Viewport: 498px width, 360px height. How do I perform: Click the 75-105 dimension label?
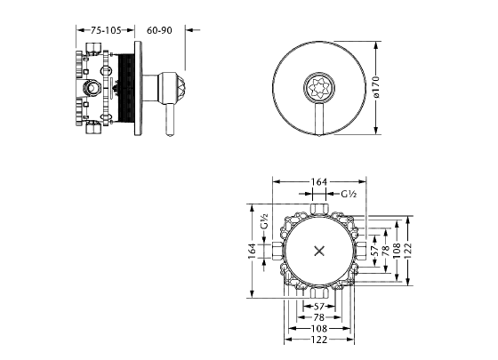coord(106,30)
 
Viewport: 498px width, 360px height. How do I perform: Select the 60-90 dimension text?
coord(159,30)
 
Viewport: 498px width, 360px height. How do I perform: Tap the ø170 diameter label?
coord(375,86)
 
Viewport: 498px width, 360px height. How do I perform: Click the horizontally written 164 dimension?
coord(318,182)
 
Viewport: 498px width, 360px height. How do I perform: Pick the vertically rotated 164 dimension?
coord(252,251)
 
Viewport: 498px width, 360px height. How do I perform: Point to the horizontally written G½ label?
coord(349,194)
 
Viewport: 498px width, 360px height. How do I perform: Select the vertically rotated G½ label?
coord(264,221)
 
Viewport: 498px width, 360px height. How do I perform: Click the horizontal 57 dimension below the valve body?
coord(318,307)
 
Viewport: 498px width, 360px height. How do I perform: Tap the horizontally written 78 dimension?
coord(318,317)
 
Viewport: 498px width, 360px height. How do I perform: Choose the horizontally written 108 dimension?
coord(319,329)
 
